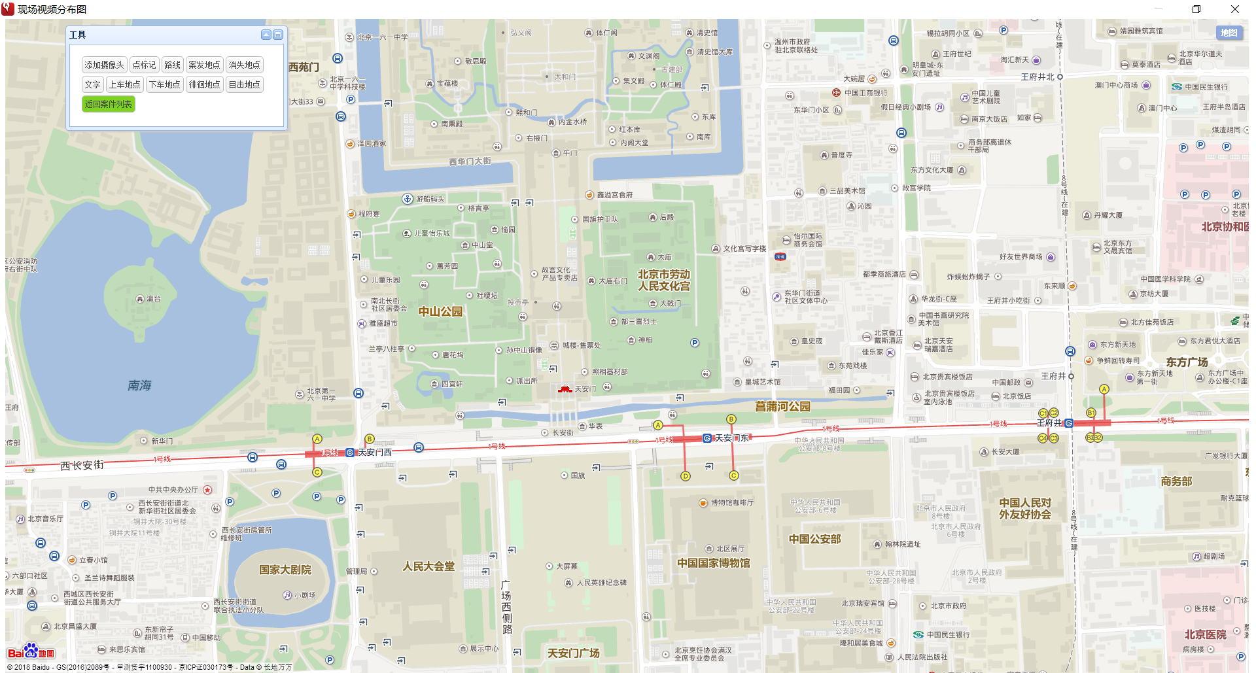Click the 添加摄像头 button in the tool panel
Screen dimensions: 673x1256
[x=104, y=65]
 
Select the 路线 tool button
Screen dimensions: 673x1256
[x=172, y=65]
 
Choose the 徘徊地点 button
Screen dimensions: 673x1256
[x=204, y=84]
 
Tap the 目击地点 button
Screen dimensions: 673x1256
[x=244, y=84]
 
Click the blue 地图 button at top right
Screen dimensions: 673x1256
[x=1229, y=33]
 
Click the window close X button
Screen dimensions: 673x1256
[x=1234, y=9]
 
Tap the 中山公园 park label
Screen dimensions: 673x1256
[x=440, y=312]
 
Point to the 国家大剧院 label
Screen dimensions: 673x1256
[x=285, y=570]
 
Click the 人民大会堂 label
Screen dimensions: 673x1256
[x=428, y=566]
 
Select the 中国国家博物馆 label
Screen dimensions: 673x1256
[x=713, y=563]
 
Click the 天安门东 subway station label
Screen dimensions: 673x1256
[x=731, y=438]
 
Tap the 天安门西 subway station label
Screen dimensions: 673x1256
[x=374, y=453]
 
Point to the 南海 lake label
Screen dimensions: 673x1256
[x=139, y=385]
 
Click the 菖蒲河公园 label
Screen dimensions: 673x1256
[x=782, y=407]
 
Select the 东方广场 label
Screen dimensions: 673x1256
[x=1187, y=362]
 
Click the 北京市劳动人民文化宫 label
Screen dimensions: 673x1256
[x=664, y=280]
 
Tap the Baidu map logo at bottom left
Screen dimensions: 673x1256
[x=31, y=652]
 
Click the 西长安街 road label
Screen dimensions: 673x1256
[x=82, y=465]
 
